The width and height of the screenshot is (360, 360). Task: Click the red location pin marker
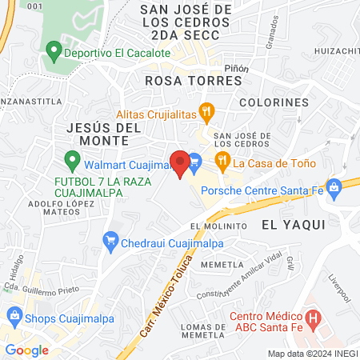[x=180, y=163]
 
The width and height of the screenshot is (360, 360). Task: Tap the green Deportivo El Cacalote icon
[x=54, y=53]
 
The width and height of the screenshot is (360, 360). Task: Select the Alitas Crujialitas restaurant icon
[x=207, y=113]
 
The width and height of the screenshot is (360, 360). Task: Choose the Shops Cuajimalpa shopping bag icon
[x=14, y=311]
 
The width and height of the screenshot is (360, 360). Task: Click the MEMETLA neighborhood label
[x=222, y=265]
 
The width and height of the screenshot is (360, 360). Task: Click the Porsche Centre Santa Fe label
[x=269, y=190]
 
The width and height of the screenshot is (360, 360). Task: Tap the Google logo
[x=26, y=350]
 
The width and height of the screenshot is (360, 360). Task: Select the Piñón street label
[x=238, y=69]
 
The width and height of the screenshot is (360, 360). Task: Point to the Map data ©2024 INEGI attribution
[x=312, y=353]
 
